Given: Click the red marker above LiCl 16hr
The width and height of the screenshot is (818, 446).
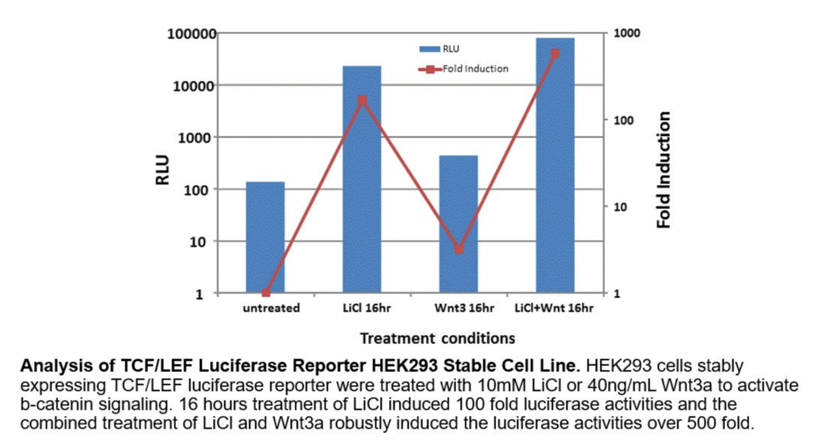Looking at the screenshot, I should (x=362, y=100).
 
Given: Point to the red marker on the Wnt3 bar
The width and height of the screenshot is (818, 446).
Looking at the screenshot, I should (x=458, y=248).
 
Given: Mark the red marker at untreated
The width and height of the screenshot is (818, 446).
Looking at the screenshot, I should (x=265, y=293).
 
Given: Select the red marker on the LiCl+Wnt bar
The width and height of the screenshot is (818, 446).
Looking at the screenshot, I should (x=555, y=54).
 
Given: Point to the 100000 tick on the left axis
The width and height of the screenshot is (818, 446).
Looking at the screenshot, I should (x=191, y=34).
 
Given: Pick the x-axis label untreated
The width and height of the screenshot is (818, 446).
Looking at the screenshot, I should (x=271, y=309).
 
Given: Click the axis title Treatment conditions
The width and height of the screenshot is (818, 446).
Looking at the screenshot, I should (x=437, y=338).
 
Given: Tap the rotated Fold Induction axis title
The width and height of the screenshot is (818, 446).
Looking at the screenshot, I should (x=664, y=170).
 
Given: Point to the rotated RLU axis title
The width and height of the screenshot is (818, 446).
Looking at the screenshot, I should (x=162, y=171).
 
